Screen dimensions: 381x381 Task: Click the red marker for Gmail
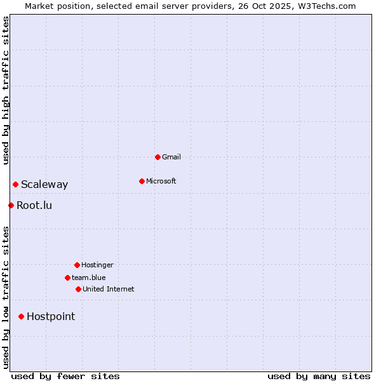pyautogui.click(x=157, y=157)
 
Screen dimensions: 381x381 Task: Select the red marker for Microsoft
pyautogui.click(x=142, y=181)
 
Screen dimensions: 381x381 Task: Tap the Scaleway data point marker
pyautogui.click(x=15, y=184)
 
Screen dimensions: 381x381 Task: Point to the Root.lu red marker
pyautogui.click(x=11, y=205)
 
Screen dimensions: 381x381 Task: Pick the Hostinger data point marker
pyautogui.click(x=77, y=265)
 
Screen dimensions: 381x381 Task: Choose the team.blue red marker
pyautogui.click(x=67, y=277)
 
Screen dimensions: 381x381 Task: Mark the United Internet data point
pyautogui.click(x=78, y=289)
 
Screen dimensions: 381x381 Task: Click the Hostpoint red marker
pyautogui.click(x=21, y=316)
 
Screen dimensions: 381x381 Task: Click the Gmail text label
pyautogui.click(x=171, y=157)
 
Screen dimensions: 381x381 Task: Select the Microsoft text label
pyautogui.click(x=161, y=181)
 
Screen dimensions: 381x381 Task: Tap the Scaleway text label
pyautogui.click(x=44, y=185)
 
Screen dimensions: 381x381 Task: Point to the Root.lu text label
pyautogui.click(x=34, y=205)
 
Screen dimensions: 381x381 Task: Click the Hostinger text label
pyautogui.click(x=97, y=265)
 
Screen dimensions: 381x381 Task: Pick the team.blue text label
pyautogui.click(x=89, y=277)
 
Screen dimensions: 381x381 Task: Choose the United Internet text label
pyautogui.click(x=109, y=289)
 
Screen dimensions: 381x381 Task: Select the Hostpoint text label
pyautogui.click(x=51, y=316)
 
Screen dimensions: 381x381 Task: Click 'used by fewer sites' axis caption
pyautogui.click(x=65, y=376)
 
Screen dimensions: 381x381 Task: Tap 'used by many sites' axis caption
pyautogui.click(x=319, y=376)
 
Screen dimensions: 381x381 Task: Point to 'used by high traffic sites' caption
pyautogui.click(x=6, y=90)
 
